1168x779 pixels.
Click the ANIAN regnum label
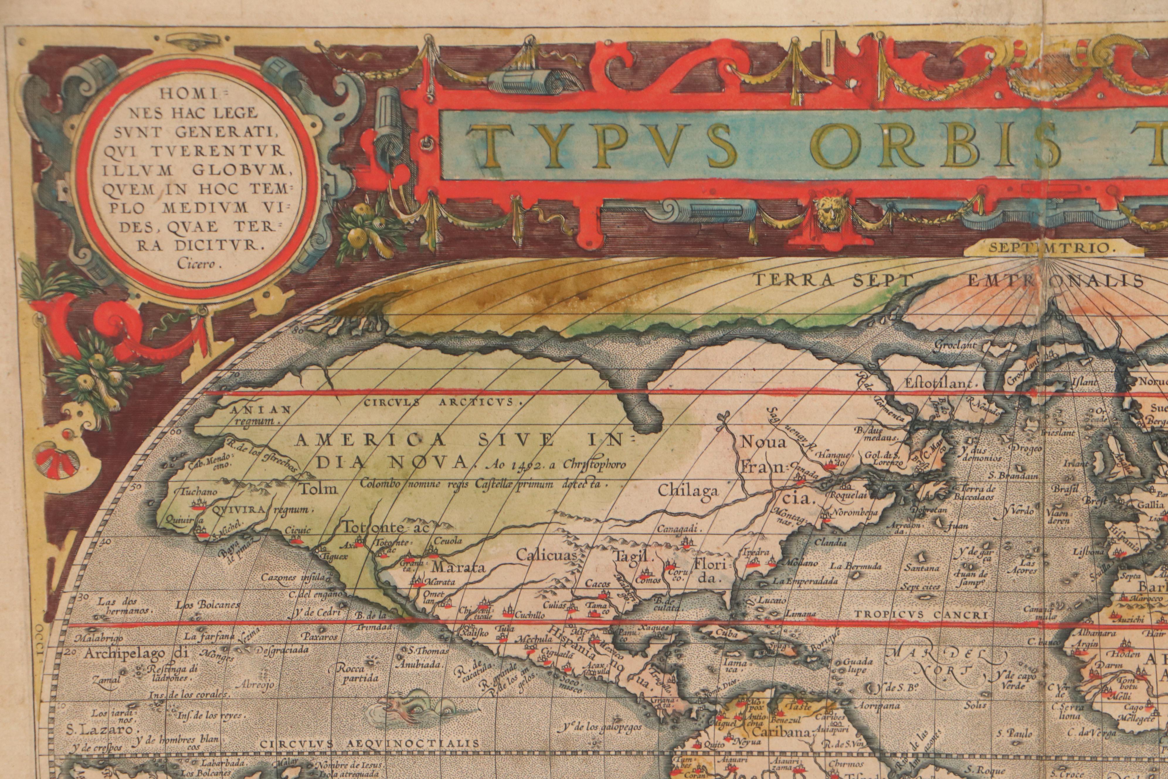(x=254, y=414)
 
